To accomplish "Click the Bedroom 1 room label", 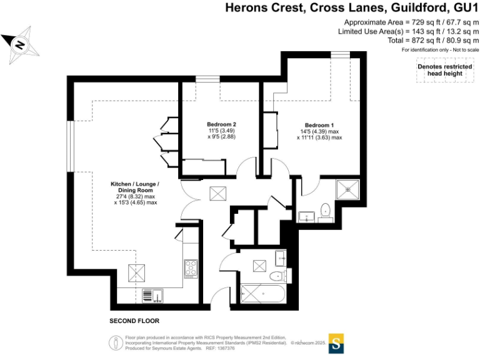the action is tap(319, 125).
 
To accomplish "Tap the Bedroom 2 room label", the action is tap(221, 124).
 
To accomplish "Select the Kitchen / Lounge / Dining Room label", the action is tap(135, 187).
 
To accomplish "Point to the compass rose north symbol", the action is tap(20, 45).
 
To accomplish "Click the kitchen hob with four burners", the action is tap(191, 269).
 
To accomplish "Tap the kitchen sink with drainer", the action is tap(152, 296).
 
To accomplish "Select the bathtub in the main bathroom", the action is tap(263, 294).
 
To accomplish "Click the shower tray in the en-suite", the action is tap(347, 189).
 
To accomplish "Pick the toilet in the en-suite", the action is tap(326, 212).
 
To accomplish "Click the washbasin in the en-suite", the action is tap(306, 216).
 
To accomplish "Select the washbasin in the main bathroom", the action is tap(281, 258).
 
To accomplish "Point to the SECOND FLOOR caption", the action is tap(134, 321).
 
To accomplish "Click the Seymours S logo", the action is tap(336, 344).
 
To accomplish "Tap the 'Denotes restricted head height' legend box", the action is tap(445, 70).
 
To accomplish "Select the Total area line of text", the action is tap(433, 41).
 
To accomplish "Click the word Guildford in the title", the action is tap(419, 7).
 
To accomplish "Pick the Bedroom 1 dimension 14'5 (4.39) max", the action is tap(319, 132).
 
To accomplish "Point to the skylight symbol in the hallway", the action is tap(218, 194).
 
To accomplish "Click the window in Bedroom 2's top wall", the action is tap(208, 79).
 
